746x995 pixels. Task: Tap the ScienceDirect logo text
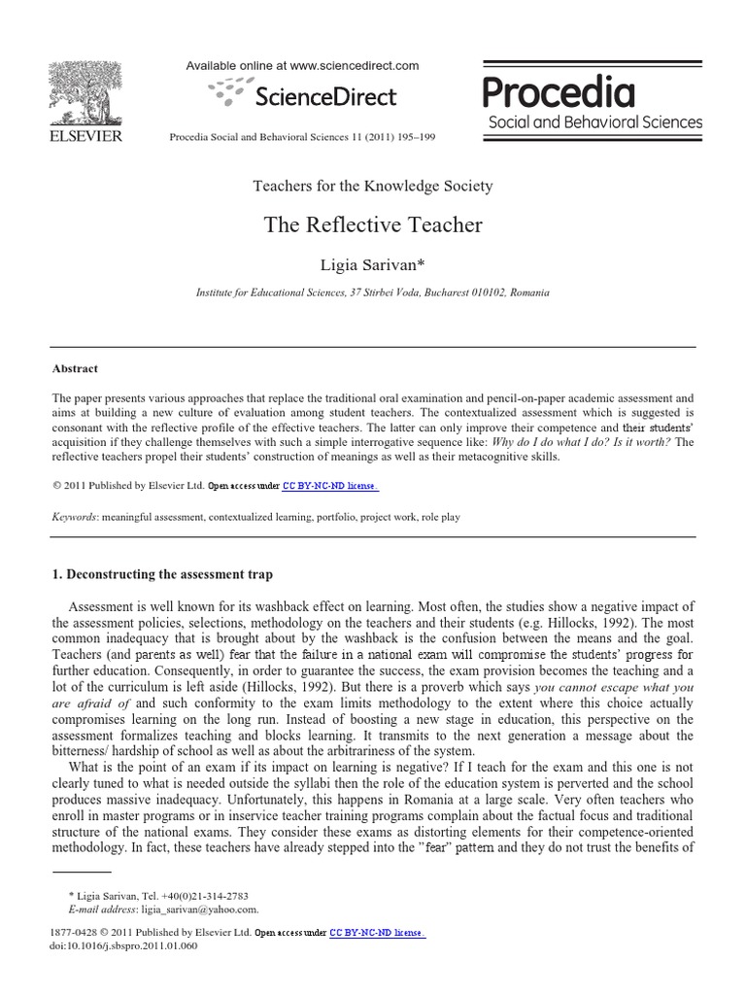click(x=324, y=96)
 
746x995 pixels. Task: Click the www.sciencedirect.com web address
click(x=355, y=66)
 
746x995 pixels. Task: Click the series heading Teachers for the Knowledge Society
click(x=373, y=186)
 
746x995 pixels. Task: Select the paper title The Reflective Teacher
click(x=373, y=225)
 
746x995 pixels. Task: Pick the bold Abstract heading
click(x=75, y=368)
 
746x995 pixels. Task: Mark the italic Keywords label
click(x=74, y=518)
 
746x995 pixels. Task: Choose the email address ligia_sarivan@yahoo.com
click(x=200, y=909)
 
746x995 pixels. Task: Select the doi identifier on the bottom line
click(x=122, y=946)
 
